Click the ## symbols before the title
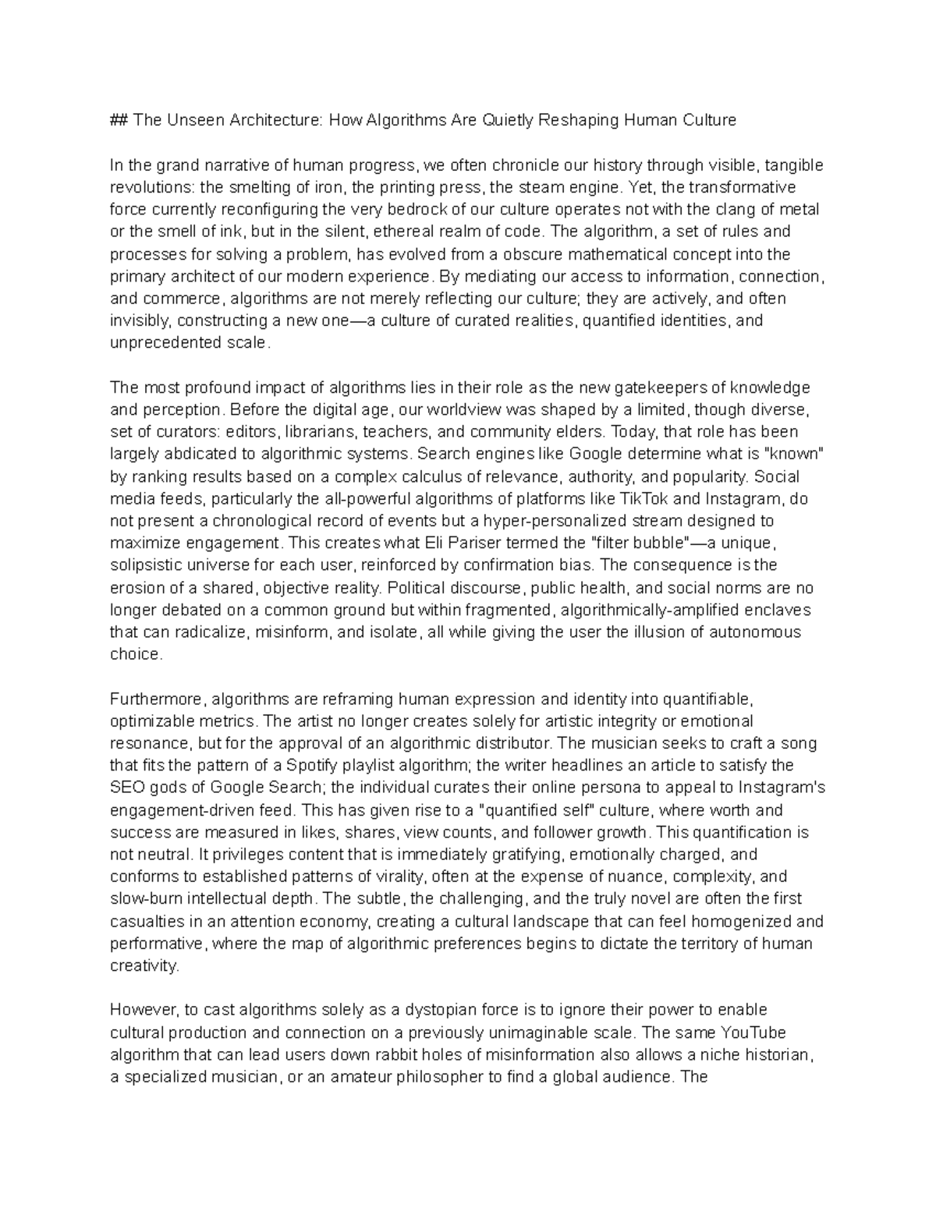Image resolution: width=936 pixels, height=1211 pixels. [119, 120]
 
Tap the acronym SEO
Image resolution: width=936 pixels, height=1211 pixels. [126, 788]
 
